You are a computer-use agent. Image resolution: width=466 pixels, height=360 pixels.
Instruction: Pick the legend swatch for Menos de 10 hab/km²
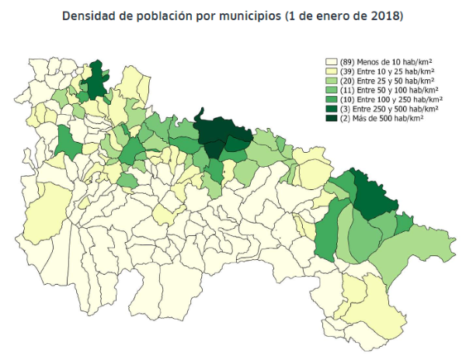point(331,61)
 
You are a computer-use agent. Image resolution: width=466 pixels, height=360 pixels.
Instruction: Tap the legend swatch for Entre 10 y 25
point(331,70)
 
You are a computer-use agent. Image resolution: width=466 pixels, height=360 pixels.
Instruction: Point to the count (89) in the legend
point(346,61)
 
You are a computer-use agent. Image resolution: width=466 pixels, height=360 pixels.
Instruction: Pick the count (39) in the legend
point(346,70)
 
